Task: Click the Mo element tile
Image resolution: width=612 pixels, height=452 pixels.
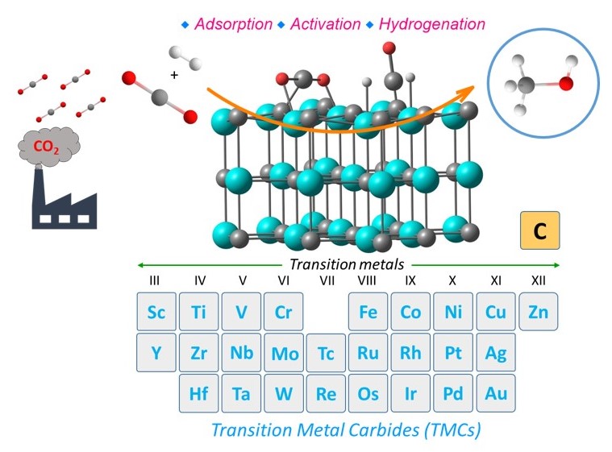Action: pyautogui.click(x=284, y=353)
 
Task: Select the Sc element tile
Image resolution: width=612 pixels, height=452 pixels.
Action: pyautogui.click(x=156, y=312)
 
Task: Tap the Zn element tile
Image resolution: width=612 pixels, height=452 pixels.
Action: pyautogui.click(x=539, y=312)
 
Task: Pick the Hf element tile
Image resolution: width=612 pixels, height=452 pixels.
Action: pyautogui.click(x=198, y=393)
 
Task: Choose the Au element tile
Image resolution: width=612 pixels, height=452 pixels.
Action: pyautogui.click(x=496, y=393)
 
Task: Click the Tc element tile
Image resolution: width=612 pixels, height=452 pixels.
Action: pyautogui.click(x=326, y=353)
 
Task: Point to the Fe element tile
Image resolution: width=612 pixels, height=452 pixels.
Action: pyautogui.click(x=368, y=312)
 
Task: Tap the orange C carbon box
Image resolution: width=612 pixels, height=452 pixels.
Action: pyautogui.click(x=539, y=230)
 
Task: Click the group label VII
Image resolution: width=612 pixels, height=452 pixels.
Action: pyautogui.click(x=327, y=280)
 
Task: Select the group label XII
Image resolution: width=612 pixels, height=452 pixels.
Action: pyautogui.click(x=539, y=280)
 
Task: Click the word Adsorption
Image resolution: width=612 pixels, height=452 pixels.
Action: pyautogui.click(x=233, y=24)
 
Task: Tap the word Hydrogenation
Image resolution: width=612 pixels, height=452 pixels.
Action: pyautogui.click(x=432, y=24)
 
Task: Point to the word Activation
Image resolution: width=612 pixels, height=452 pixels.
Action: pyautogui.click(x=325, y=24)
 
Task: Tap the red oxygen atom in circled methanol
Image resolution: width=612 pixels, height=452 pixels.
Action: pyautogui.click(x=565, y=83)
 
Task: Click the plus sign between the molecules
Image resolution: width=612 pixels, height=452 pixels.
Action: pyautogui.click(x=174, y=75)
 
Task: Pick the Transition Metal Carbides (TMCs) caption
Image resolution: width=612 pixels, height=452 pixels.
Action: pyautogui.click(x=346, y=430)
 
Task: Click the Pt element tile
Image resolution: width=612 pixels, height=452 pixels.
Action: pyautogui.click(x=453, y=353)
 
